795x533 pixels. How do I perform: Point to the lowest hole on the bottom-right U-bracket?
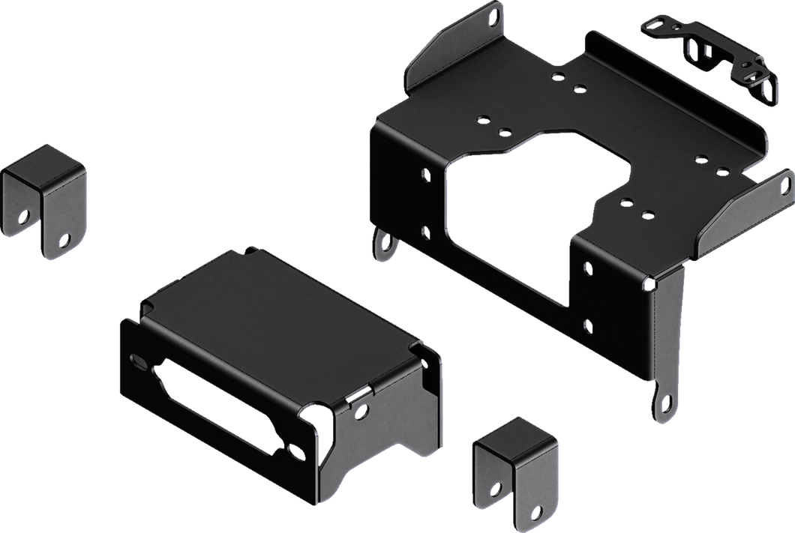(x=537, y=511)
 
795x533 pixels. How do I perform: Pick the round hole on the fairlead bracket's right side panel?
(x=364, y=408)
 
